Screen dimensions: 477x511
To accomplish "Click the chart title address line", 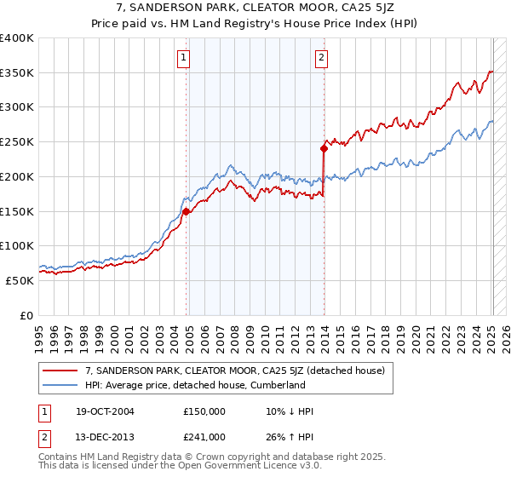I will (x=255, y=9).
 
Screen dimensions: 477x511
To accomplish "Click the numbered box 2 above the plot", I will (x=321, y=58).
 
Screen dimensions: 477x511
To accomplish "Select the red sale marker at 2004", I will (x=186, y=211).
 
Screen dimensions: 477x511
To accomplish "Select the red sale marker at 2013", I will (x=324, y=148).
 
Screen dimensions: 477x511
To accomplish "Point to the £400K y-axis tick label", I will (x=17, y=38).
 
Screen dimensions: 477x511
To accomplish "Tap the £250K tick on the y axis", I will (x=17, y=142).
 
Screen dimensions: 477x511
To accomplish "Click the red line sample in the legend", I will (x=61, y=371).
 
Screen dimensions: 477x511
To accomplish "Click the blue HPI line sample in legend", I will (x=61, y=385).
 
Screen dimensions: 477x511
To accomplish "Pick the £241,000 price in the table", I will (x=204, y=437).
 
